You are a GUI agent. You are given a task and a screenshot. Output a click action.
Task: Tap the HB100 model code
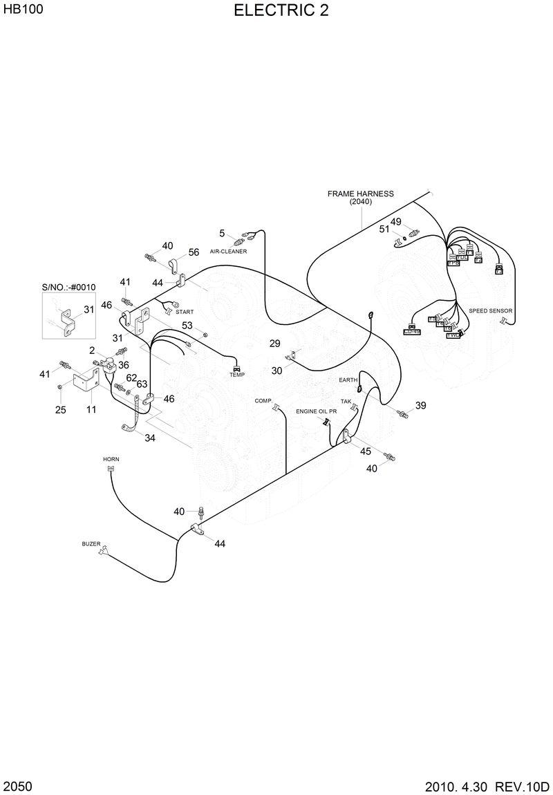pyautogui.click(x=19, y=10)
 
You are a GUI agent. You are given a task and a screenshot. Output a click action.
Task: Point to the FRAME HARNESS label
pyautogui.click(x=360, y=194)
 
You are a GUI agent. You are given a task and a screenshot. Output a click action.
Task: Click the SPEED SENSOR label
pyautogui.click(x=491, y=311)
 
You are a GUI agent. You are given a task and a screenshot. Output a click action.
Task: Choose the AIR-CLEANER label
pyautogui.click(x=229, y=251)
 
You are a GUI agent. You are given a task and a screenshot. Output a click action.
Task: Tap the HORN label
pyautogui.click(x=111, y=459)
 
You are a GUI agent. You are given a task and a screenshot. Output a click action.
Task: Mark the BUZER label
pyautogui.click(x=91, y=544)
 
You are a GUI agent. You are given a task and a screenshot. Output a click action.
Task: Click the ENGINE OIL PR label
pyautogui.click(x=317, y=411)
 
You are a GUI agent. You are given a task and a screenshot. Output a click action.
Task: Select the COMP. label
pyautogui.click(x=263, y=400)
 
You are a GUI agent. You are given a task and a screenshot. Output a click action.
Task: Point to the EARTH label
pyautogui.click(x=348, y=380)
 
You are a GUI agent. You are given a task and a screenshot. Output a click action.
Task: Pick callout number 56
pyautogui.click(x=194, y=252)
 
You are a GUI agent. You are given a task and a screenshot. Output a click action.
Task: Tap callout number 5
pyautogui.click(x=223, y=233)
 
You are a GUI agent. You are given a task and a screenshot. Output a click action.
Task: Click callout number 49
pyautogui.click(x=395, y=222)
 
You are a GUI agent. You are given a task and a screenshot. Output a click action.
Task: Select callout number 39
pyautogui.click(x=420, y=405)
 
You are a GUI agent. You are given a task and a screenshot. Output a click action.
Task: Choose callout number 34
pyautogui.click(x=150, y=437)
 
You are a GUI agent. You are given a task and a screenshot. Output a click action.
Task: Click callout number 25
pyautogui.click(x=61, y=409)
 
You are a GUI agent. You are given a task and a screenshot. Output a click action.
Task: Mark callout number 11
pyautogui.click(x=91, y=409)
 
